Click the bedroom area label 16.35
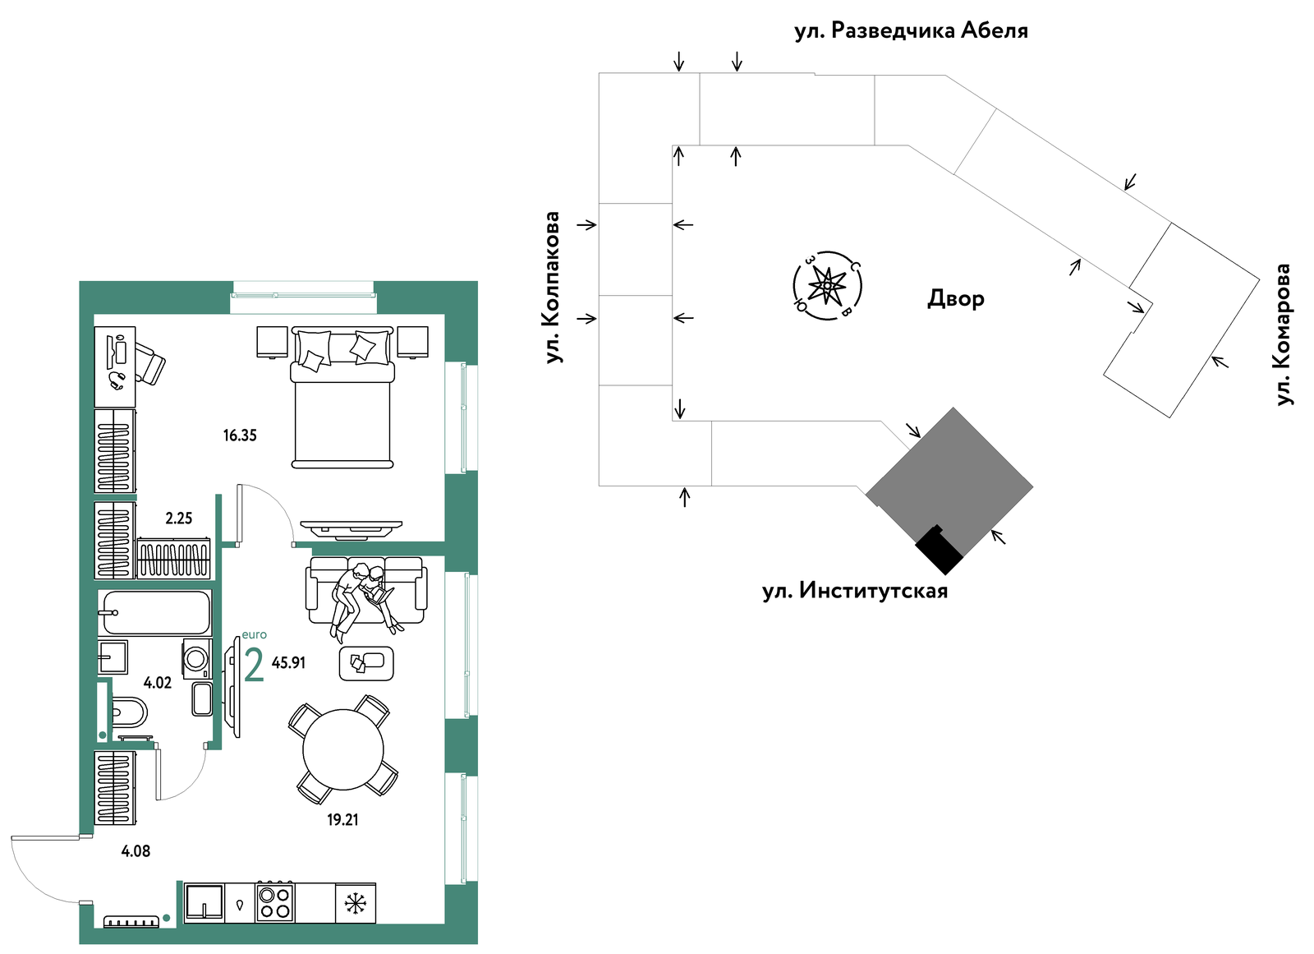[x=240, y=436]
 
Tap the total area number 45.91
[x=288, y=663]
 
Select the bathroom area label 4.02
[x=158, y=683]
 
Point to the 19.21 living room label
[x=342, y=819]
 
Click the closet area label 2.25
[x=179, y=518]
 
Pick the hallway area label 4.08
[x=136, y=850]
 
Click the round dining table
[x=343, y=749]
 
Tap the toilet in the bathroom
[x=128, y=712]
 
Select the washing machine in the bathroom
[x=197, y=658]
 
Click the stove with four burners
[x=275, y=902]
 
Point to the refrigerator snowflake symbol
[x=356, y=903]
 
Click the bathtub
[x=155, y=613]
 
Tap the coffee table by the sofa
[x=366, y=663]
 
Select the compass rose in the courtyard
[x=827, y=286]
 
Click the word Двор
[x=956, y=299]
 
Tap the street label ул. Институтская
[x=855, y=590]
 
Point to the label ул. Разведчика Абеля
[x=911, y=30]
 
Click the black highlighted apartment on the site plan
[x=940, y=550]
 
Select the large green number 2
[x=254, y=665]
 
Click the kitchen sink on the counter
[x=204, y=902]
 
